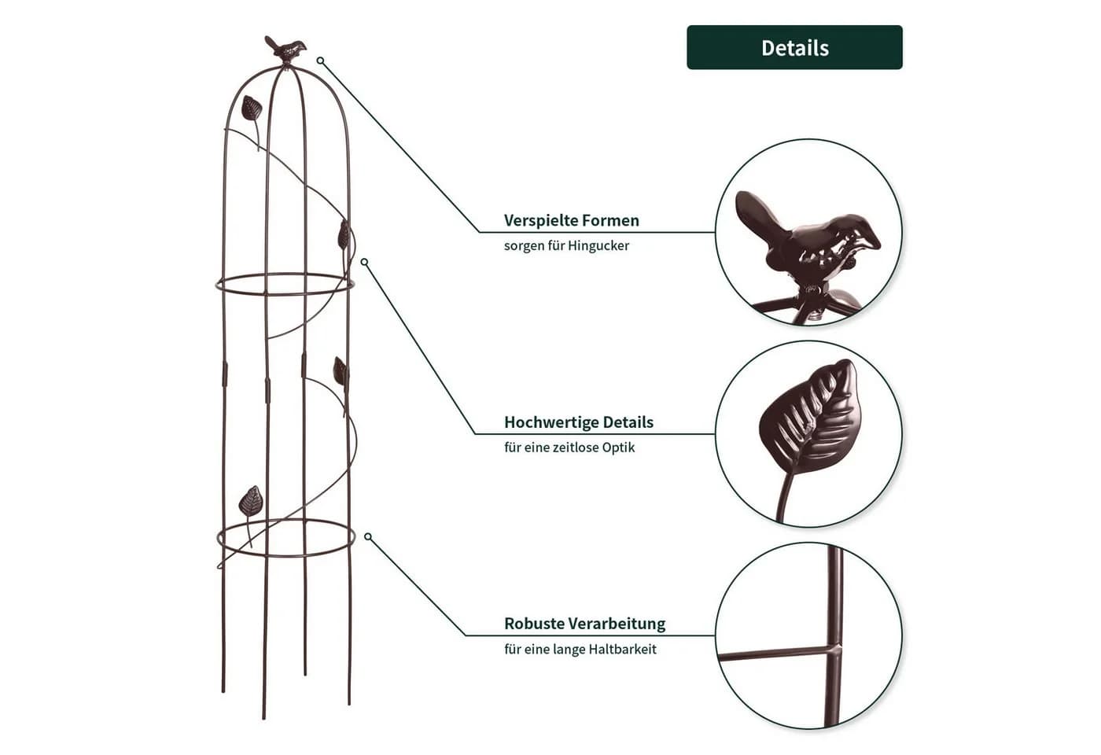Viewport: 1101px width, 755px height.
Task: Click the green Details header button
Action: pos(794,47)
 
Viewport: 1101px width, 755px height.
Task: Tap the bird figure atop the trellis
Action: pos(285,49)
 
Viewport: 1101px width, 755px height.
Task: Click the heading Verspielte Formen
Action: pos(571,220)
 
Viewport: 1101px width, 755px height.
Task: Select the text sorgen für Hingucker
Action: pos(566,245)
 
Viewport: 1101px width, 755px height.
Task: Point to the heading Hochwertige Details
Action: pos(579,422)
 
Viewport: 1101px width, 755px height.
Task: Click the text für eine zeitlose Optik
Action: pos(569,447)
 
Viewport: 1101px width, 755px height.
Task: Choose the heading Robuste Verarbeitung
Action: pos(584,623)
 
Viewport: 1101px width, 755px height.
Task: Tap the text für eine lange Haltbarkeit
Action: pos(580,649)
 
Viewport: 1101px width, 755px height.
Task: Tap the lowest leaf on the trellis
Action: pos(251,502)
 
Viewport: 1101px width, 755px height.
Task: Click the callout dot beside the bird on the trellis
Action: pos(321,61)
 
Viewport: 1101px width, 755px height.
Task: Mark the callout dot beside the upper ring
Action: pos(364,262)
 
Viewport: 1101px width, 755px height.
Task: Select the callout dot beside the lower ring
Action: pos(368,536)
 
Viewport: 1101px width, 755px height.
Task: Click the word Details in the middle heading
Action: pos(628,422)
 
